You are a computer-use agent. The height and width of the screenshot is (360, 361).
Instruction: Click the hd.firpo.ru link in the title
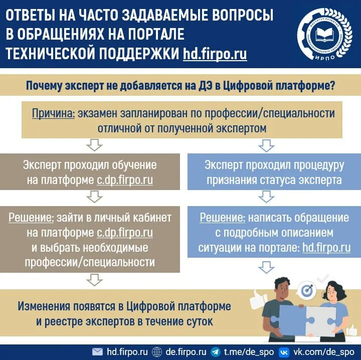[215, 54]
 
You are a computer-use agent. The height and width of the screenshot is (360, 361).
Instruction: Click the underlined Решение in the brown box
[31, 218]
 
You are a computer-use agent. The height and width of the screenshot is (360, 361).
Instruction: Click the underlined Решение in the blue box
[223, 218]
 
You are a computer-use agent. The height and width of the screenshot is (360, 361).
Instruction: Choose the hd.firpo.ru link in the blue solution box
[326, 248]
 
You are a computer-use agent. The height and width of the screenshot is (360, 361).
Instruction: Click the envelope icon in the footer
[98, 352]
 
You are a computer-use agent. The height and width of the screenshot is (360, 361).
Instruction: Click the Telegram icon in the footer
[216, 352]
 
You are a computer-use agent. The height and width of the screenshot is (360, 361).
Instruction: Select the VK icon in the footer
[284, 352]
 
